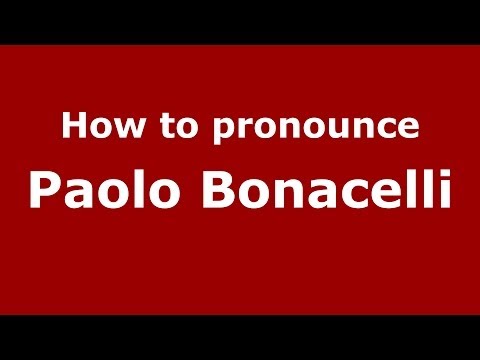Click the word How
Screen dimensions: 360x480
pyautogui.click(x=95, y=128)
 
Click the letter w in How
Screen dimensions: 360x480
pyautogui.click(x=116, y=130)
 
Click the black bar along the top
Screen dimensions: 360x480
pyautogui.click(x=240, y=21)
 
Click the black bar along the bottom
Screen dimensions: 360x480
pyautogui.click(x=240, y=337)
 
